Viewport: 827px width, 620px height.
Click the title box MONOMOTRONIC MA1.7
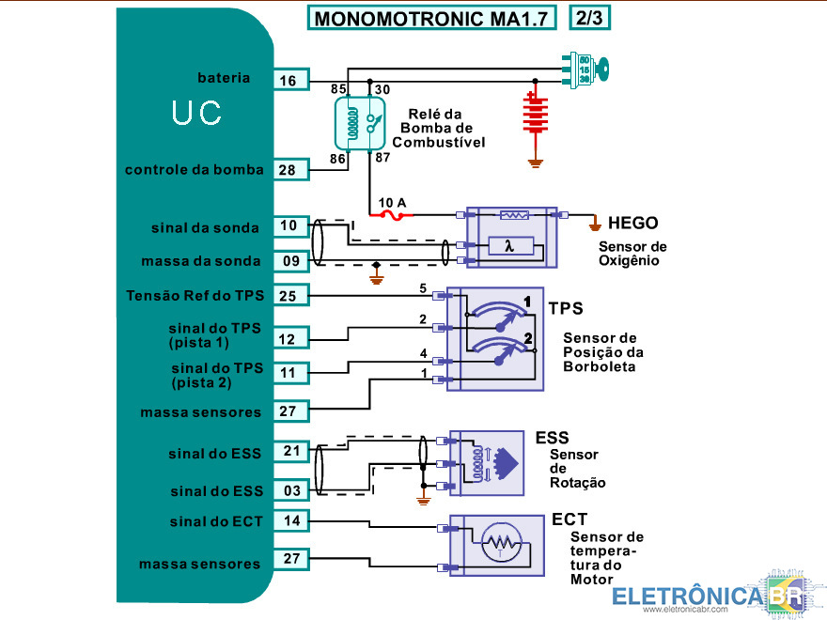431,18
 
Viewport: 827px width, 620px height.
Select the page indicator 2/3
591,18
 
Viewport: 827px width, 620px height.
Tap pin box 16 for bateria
289,81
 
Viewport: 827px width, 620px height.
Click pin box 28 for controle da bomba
288,170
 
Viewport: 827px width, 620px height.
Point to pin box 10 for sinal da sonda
289,225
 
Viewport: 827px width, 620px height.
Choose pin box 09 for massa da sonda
289,260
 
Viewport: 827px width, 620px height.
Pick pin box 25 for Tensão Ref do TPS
289,296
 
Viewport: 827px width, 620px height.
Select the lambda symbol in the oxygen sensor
509,247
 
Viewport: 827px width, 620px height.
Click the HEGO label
632,224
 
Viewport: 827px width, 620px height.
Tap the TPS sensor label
565,308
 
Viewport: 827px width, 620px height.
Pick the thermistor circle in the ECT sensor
499,544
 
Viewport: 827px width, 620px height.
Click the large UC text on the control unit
196,114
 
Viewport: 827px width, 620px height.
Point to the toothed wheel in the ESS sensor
507,458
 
